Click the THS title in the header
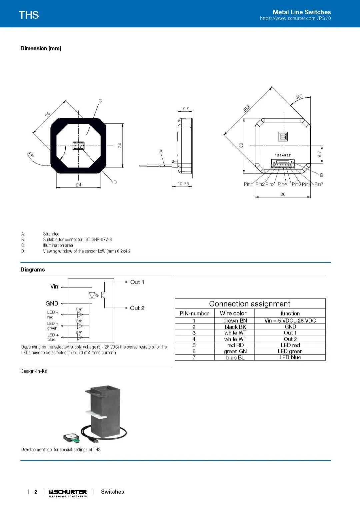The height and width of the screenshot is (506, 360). (29, 15)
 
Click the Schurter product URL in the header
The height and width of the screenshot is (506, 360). (295, 18)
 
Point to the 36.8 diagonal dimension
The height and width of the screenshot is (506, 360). (246, 109)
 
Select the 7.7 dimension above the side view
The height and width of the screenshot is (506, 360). (185, 109)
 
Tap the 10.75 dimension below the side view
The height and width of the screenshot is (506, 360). (183, 184)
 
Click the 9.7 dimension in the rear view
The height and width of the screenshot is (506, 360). (319, 154)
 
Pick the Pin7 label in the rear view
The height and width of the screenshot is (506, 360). (318, 184)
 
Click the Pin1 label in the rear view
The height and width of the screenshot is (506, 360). (248, 184)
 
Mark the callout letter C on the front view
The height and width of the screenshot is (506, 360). (100, 101)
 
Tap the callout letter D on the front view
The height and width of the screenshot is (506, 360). (115, 182)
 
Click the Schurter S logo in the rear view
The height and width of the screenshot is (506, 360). (283, 136)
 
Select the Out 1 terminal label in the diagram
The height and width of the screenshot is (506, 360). (137, 282)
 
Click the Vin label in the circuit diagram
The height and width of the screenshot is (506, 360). (54, 287)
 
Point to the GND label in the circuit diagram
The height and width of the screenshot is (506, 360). (52, 304)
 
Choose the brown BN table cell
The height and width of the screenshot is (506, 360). (235, 321)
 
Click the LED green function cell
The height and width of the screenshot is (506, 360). (290, 351)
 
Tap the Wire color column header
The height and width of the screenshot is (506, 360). (233, 313)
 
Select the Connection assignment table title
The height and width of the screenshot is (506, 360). (250, 304)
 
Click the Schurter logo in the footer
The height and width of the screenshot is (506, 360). (68, 493)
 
